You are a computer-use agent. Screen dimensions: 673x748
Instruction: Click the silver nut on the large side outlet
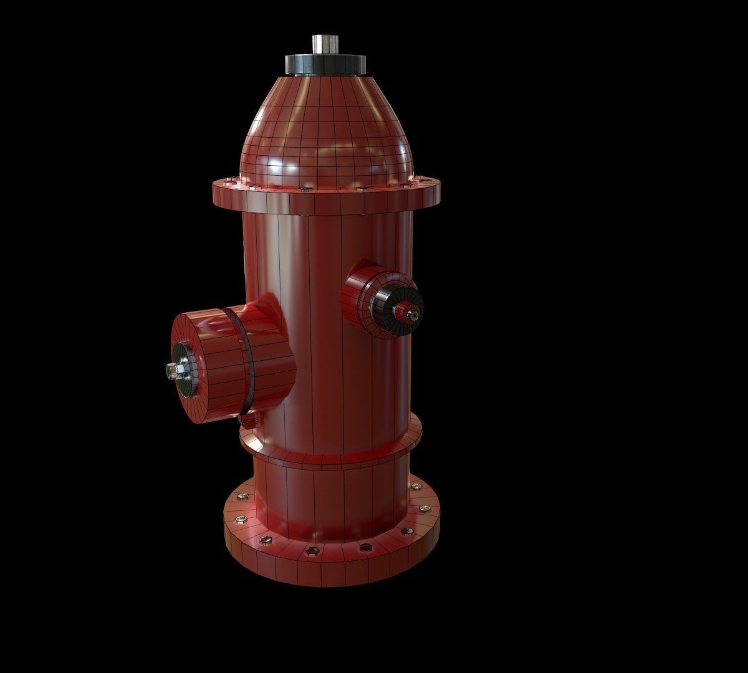171,371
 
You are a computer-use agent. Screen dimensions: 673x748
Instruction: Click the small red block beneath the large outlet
251,422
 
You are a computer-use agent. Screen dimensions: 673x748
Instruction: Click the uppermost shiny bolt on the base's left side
242,497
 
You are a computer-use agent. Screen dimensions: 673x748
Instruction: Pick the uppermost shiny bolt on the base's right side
415,487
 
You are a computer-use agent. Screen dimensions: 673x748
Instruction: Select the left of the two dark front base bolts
313,551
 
